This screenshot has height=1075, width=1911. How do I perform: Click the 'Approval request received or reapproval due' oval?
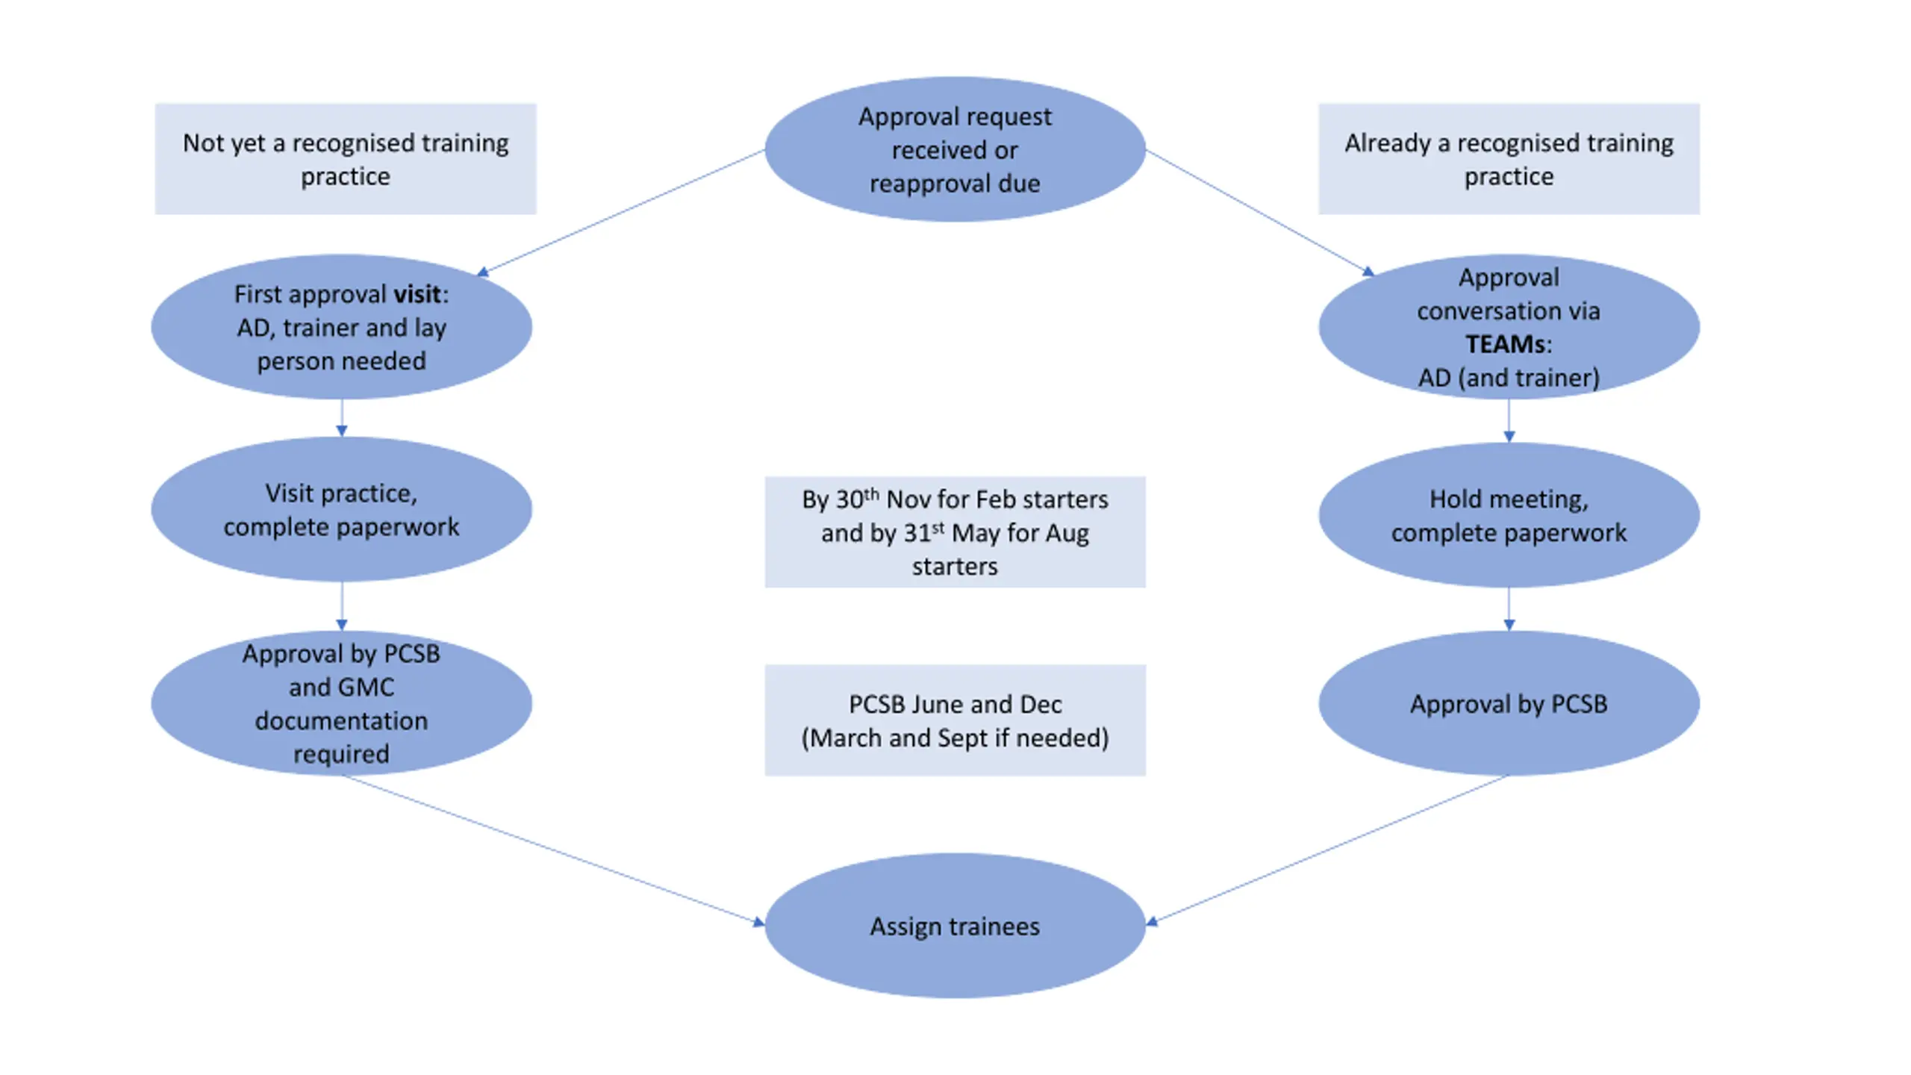pos(955,149)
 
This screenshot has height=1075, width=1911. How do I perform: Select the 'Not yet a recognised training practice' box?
pos(346,159)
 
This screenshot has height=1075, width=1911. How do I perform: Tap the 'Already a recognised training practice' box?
pos(1509,159)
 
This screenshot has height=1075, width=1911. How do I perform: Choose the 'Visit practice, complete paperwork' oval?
pos(341,510)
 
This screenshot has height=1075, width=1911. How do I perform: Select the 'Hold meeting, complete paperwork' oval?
pos(1509,516)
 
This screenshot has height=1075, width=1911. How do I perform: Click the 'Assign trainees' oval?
pos(955,926)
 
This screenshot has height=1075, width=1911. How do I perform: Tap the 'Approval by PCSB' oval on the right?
pos(1509,703)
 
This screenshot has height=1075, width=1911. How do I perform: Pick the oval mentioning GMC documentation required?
pos(341,702)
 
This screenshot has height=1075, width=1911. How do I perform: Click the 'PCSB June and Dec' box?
pos(955,720)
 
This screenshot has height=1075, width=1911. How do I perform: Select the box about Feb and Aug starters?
pos(955,532)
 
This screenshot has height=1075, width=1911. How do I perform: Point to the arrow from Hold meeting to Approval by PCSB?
pos(1509,609)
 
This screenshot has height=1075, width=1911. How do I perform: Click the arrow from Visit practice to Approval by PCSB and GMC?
pos(341,606)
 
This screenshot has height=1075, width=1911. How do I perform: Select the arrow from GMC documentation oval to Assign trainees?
pos(553,850)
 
